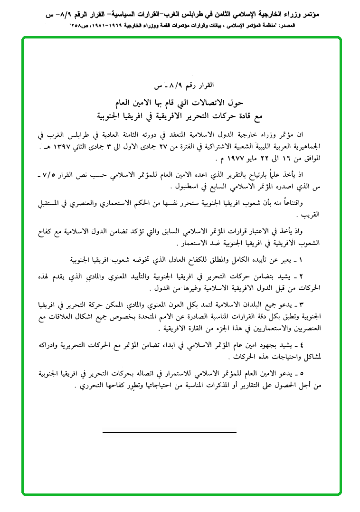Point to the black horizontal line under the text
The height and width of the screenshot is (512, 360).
(x=170, y=433)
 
